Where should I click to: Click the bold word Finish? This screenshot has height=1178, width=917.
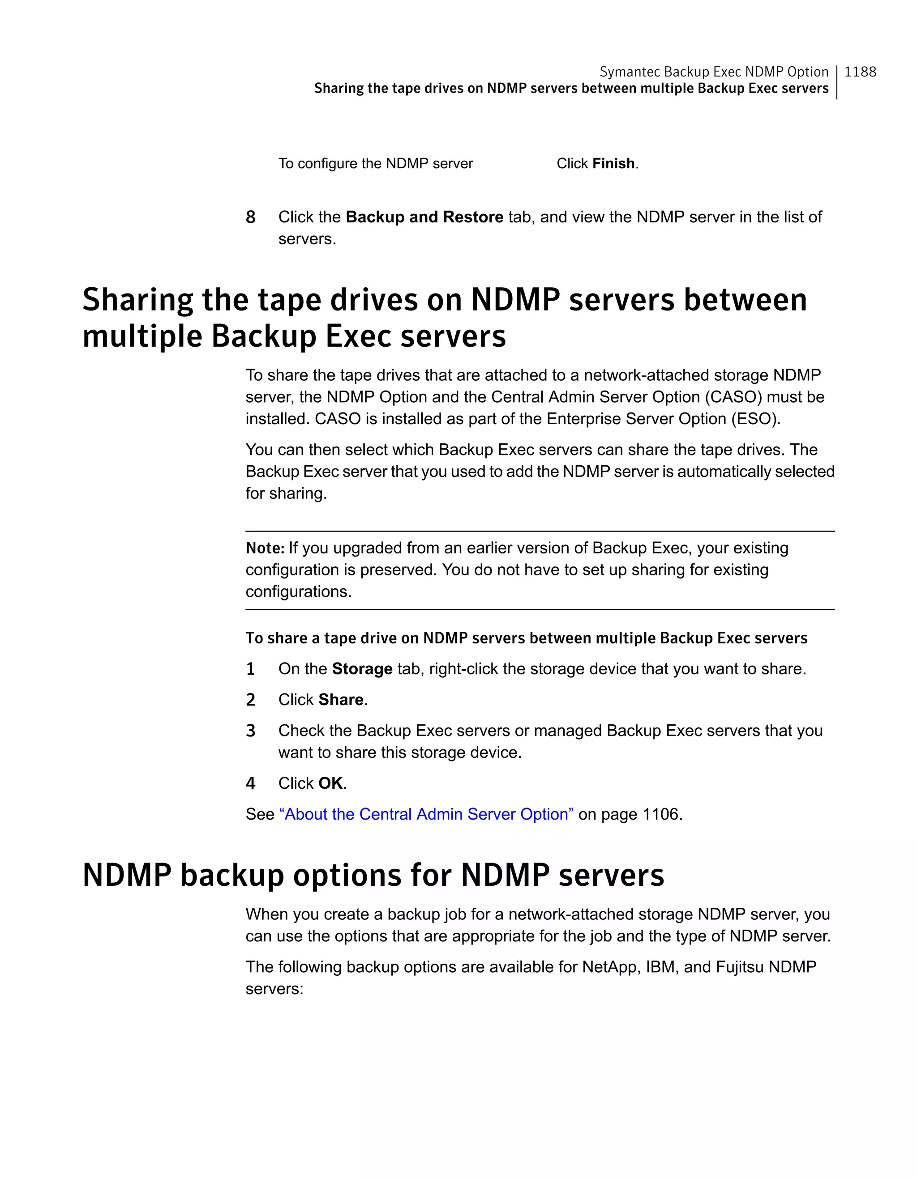click(x=614, y=163)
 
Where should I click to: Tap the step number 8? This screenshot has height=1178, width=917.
click(x=250, y=217)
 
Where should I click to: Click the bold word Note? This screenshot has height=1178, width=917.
click(x=265, y=548)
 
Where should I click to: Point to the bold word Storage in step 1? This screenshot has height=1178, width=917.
click(x=362, y=669)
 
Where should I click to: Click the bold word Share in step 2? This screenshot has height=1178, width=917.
click(x=341, y=700)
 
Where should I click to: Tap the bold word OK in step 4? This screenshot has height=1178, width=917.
click(x=330, y=783)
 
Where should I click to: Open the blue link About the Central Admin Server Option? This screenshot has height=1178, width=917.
click(x=426, y=814)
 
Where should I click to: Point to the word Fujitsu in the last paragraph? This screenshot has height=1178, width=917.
click(x=739, y=966)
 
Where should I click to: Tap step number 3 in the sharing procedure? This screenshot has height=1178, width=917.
click(x=250, y=731)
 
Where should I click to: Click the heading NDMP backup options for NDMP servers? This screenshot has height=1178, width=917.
click(x=373, y=875)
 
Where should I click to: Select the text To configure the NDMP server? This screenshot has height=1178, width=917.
click(x=375, y=163)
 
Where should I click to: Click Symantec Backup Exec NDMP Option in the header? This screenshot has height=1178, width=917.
click(x=714, y=72)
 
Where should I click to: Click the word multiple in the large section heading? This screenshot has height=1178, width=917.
click(x=141, y=336)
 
